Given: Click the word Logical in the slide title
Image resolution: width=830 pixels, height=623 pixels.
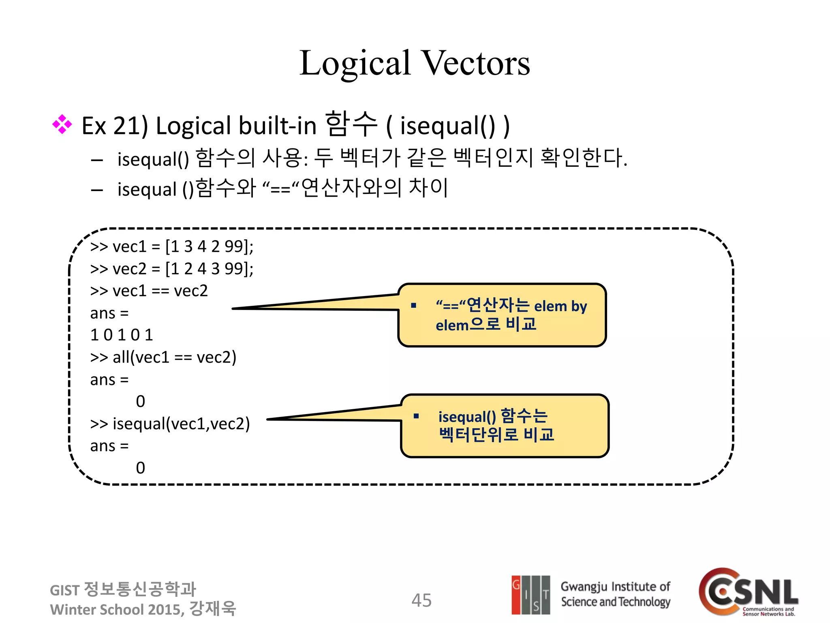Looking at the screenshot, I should point(355,63).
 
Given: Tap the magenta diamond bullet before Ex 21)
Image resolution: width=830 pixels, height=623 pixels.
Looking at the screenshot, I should point(62,125).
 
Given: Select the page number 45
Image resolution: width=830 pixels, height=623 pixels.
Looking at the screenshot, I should point(421,600).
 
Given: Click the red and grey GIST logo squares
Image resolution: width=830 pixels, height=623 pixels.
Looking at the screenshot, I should point(531,595).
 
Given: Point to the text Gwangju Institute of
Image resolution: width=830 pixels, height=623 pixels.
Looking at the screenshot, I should point(615,586).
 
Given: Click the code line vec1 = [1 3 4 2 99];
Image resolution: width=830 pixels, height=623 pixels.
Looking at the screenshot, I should point(172,247).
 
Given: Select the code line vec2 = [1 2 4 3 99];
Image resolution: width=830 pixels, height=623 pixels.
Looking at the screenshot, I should point(172,269).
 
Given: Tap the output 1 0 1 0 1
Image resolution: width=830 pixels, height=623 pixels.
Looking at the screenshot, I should point(122,335).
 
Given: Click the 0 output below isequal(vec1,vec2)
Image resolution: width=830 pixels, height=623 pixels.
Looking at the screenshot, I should point(140,468).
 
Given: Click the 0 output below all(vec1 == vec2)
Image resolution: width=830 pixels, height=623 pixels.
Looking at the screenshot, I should point(140,402).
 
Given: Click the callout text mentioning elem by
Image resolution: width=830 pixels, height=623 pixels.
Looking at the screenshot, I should point(511,315).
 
